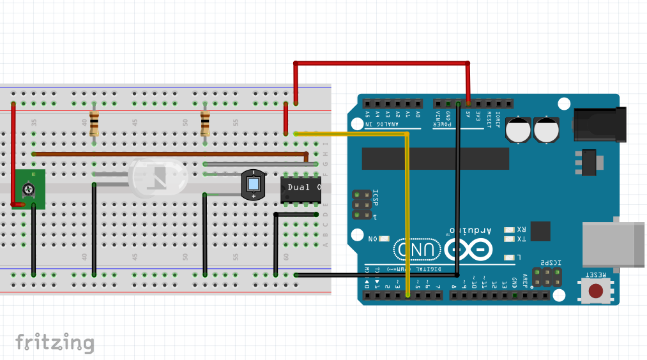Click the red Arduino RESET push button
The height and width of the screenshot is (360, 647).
(595, 291)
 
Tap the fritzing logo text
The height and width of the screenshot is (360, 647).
(54, 343)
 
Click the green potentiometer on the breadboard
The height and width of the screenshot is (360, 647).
(29, 190)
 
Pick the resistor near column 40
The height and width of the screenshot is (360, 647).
(95, 123)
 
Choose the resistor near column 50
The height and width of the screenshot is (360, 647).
(205, 123)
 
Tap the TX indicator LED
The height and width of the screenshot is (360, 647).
(510, 239)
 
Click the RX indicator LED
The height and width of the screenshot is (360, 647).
(510, 230)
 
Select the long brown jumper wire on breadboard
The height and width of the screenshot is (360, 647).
(169, 154)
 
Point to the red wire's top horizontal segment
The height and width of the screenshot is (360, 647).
(381, 63)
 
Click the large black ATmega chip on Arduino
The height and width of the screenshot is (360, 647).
(435, 159)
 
